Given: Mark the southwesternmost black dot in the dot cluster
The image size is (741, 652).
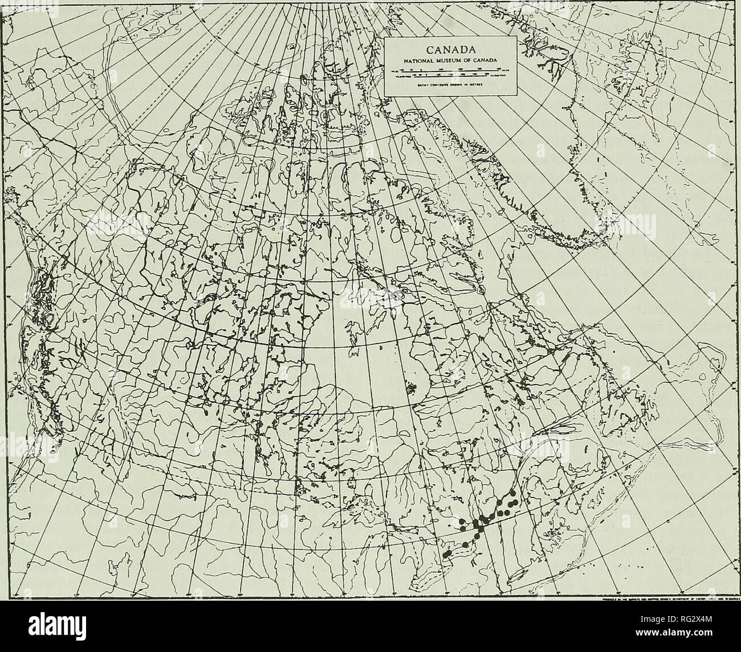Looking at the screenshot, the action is point(445,554).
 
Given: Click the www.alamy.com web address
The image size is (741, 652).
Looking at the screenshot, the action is point(678,640).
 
